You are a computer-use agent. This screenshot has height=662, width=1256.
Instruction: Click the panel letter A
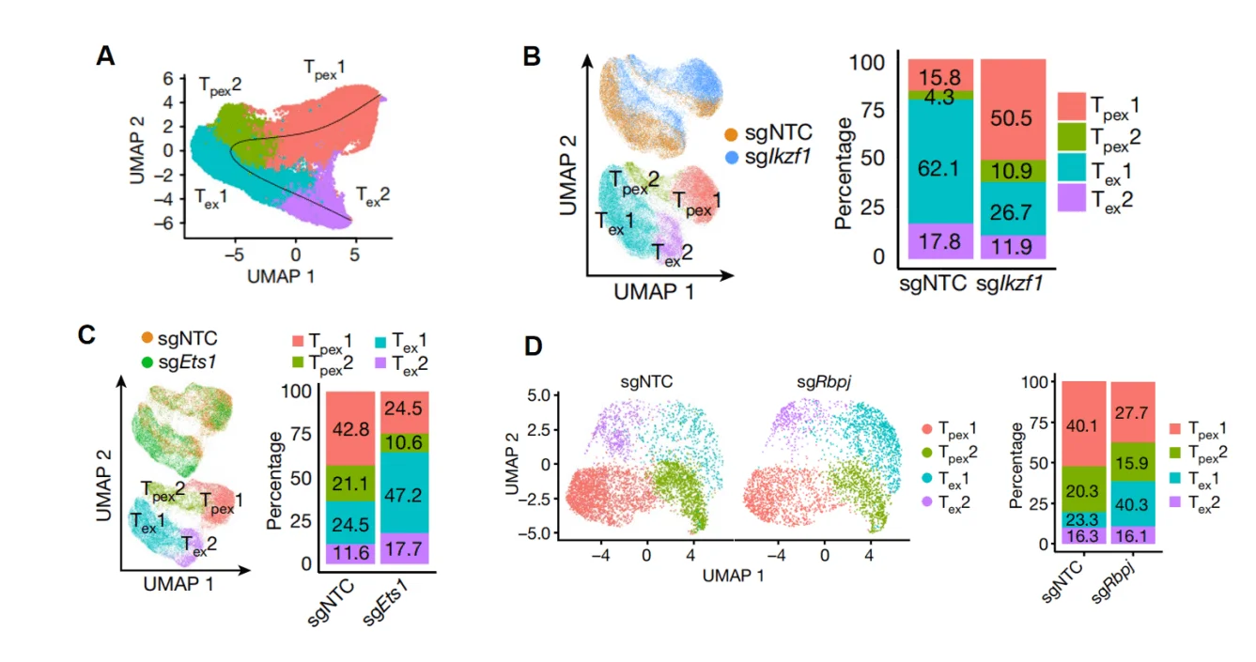pyautogui.click(x=106, y=55)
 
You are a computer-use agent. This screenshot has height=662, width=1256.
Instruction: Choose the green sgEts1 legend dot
pyautogui.click(x=147, y=362)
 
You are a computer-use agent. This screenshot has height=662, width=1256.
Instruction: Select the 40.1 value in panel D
pyautogui.click(x=1081, y=423)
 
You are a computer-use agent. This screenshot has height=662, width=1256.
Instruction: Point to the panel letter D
pyautogui.click(x=534, y=346)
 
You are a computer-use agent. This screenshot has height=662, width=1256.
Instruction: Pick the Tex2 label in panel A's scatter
pyautogui.click(x=372, y=195)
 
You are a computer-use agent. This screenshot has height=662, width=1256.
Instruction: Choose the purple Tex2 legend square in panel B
pyautogui.click(x=1071, y=198)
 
